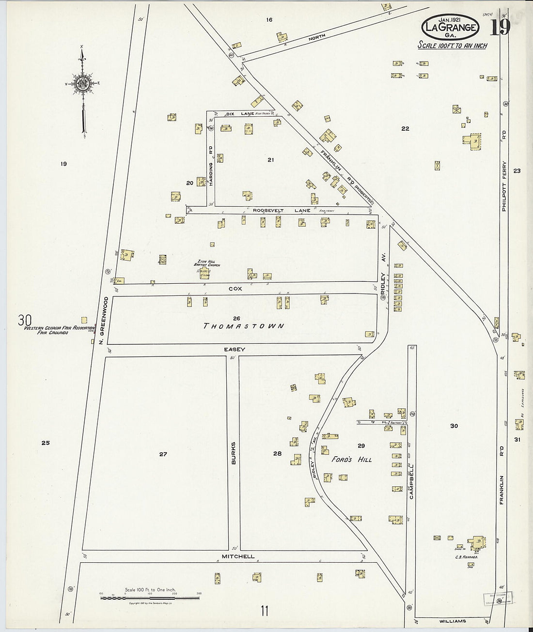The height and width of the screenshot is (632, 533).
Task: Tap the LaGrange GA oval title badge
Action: tap(450, 27)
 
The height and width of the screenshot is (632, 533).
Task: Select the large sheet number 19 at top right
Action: tap(500, 27)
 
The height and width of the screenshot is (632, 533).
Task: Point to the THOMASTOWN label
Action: tap(244, 326)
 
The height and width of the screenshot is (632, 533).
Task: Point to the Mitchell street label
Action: tap(238, 556)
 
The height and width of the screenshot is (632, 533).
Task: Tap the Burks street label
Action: tap(234, 453)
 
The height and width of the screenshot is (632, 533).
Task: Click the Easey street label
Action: tap(234, 349)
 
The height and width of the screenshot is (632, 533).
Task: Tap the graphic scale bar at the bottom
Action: tap(150, 598)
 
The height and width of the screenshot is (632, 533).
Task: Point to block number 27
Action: tap(163, 454)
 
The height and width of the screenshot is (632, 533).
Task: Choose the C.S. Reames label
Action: tap(466, 557)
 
